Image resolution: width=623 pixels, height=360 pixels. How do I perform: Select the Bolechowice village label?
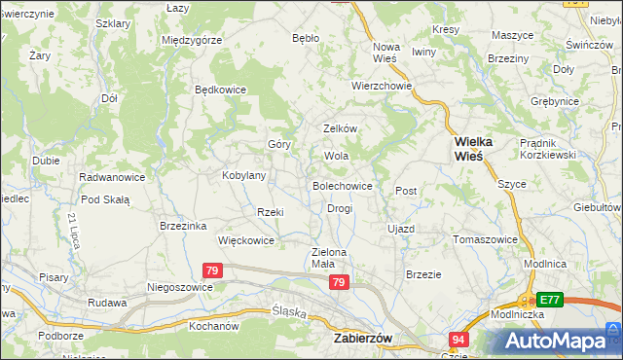click(342, 185)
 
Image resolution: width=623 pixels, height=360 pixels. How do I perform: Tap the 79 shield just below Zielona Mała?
click(339, 282)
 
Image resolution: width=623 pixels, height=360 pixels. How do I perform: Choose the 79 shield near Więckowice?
click(214, 270)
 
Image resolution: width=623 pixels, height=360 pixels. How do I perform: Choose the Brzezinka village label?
click(183, 226)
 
